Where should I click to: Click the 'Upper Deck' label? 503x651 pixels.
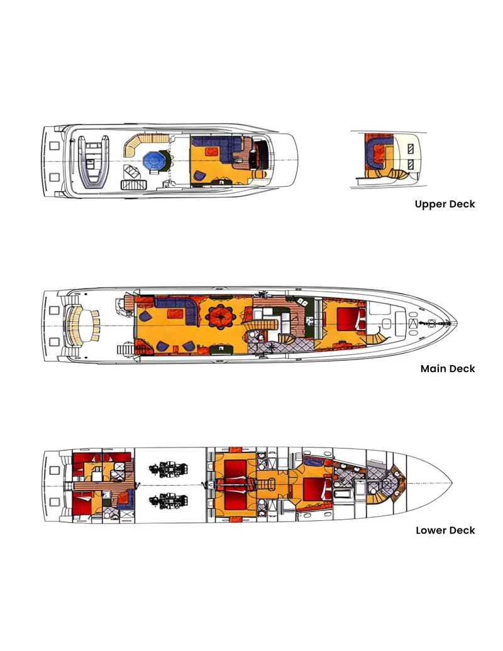(445, 204)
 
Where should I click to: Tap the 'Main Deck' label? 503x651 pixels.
(448, 369)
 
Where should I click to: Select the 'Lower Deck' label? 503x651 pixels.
(445, 530)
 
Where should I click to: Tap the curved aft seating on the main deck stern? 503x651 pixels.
(84, 323)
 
